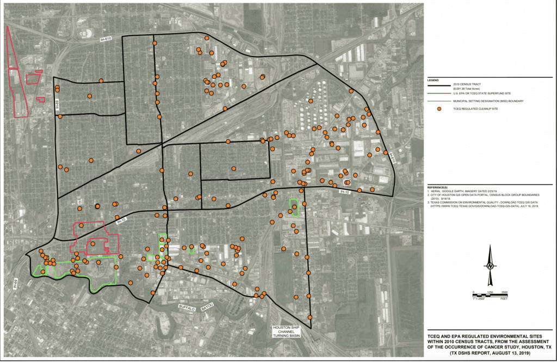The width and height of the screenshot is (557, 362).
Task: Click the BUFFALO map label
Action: click(185, 308)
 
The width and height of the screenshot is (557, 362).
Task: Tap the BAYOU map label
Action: click(208, 308)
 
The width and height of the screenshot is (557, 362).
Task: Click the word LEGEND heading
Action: click(433, 80)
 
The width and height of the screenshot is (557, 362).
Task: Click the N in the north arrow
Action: click(490, 266)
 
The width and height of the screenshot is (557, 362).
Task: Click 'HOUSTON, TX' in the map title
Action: click(535, 347)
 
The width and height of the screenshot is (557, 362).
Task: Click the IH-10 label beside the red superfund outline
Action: click(121, 220)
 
